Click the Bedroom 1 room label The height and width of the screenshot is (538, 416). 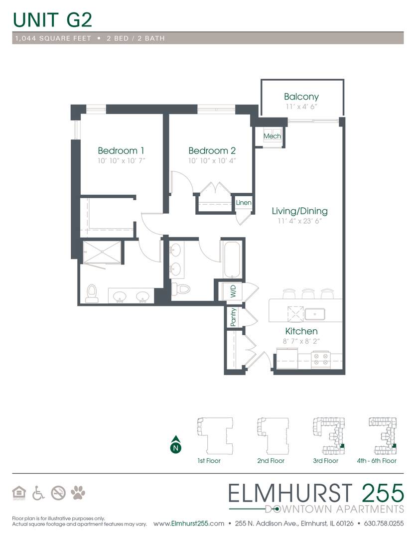point(121,150)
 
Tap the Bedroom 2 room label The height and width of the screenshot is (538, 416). point(212,150)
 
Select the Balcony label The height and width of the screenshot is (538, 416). point(301,97)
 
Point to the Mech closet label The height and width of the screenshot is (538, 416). point(272,136)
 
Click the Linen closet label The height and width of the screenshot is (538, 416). point(244,202)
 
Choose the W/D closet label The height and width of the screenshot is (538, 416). point(233,291)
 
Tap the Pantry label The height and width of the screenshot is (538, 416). point(233,317)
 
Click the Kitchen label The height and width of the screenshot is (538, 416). point(301,331)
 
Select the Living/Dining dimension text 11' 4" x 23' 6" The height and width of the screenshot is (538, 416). point(299,221)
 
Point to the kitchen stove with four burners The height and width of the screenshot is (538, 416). point(321,359)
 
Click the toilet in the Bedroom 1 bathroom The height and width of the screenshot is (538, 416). point(92,294)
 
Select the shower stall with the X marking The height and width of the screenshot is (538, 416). point(102,252)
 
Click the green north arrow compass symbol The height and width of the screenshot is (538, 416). point(176,445)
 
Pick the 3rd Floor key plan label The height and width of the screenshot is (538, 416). point(325,461)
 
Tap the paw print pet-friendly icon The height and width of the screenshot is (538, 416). point(78,493)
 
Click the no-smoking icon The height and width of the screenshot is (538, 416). point(58,493)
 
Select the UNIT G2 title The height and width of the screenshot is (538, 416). point(52,20)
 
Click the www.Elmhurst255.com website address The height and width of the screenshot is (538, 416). point(189,524)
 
